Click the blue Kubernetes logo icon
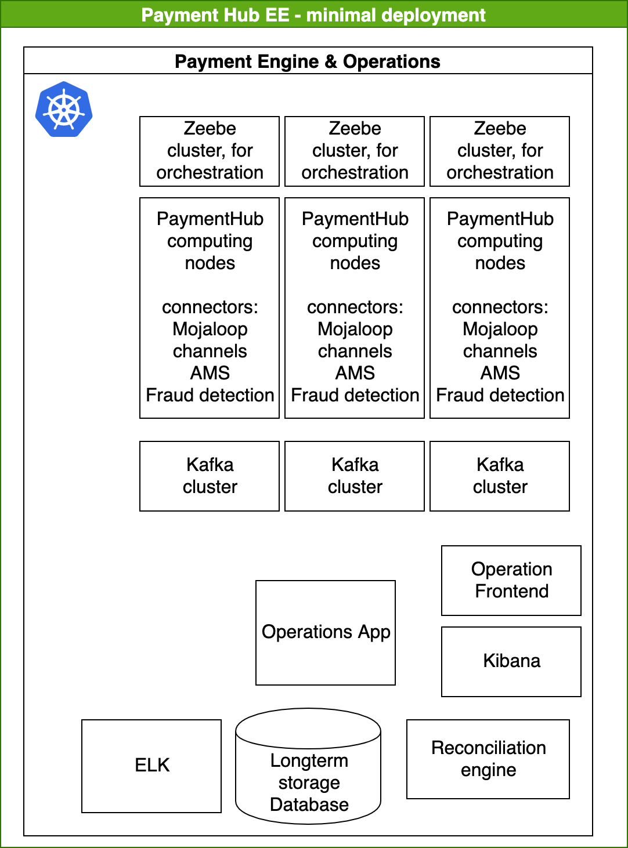(64, 109)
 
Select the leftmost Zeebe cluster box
(210, 151)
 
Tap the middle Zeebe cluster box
(355, 151)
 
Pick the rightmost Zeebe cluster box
(500, 151)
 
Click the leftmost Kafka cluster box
(210, 476)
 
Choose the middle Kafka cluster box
(355, 476)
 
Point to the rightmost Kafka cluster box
(500, 476)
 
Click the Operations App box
(326, 632)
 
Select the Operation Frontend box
(511, 580)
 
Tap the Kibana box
(511, 661)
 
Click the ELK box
(151, 766)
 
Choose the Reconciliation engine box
(488, 759)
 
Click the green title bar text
(313, 15)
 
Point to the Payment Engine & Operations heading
(308, 61)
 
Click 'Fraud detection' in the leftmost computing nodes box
(210, 395)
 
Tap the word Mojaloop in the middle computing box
(355, 329)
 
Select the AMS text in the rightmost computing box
(500, 373)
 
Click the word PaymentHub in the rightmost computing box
(500, 219)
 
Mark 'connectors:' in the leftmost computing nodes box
(210, 307)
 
